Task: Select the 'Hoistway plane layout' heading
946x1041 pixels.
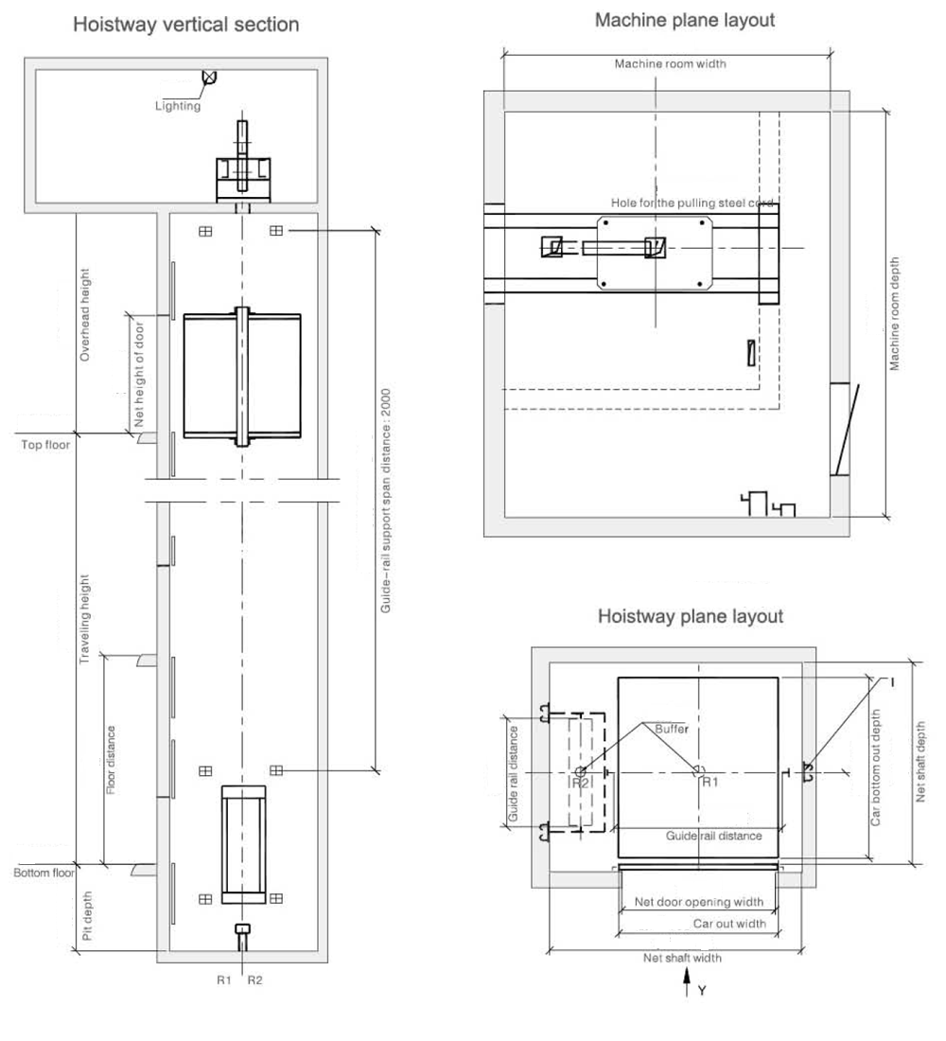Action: pos(690,616)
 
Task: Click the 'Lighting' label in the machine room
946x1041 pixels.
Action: pos(178,106)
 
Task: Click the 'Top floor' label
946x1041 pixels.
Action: pos(45,444)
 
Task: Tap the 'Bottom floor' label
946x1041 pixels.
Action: pos(44,873)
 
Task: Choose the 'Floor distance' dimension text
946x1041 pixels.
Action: pos(111,759)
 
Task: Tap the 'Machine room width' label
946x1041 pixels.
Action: pos(671,64)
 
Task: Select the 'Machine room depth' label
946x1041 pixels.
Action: pos(895,313)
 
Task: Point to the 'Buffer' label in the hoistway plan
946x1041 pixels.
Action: pos(672,729)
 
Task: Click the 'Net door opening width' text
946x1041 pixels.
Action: pos(698,902)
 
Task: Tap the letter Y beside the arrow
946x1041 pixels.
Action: pos(702,991)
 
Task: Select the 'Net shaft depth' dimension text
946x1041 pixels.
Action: pos(920,762)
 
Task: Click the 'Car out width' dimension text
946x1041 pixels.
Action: pos(729,924)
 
